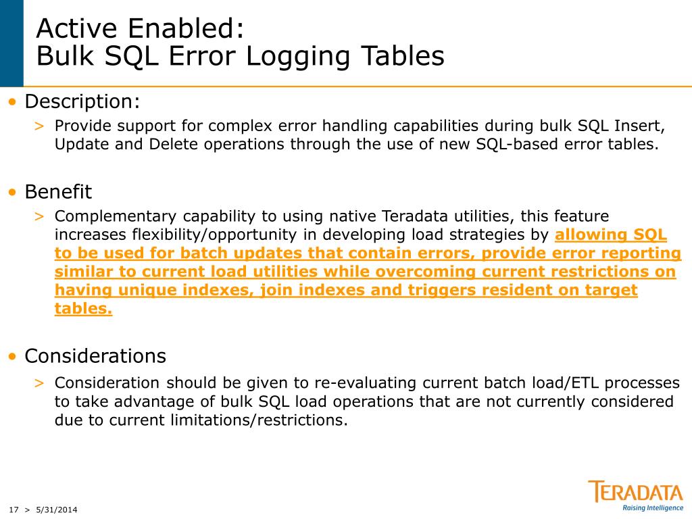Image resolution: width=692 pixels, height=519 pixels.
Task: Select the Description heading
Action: pos(82,102)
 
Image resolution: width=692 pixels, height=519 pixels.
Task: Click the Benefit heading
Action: pos(58,192)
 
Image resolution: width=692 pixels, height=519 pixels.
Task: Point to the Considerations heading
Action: pos(95,355)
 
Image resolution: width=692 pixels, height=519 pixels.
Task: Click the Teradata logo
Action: pos(635,491)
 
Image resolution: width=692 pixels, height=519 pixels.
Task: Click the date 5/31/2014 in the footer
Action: pos(57,510)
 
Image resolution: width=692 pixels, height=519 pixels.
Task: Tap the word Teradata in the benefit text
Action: pos(412,216)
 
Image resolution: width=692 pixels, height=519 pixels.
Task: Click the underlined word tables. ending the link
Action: pos(83,309)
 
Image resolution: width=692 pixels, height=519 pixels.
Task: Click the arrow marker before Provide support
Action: pos(40,126)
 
